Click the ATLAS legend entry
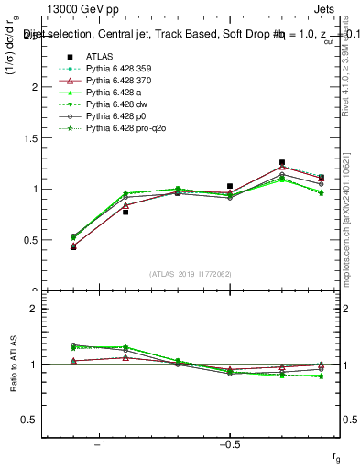point(99,57)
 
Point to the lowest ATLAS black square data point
point(73,246)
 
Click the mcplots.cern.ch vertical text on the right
point(348,220)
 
